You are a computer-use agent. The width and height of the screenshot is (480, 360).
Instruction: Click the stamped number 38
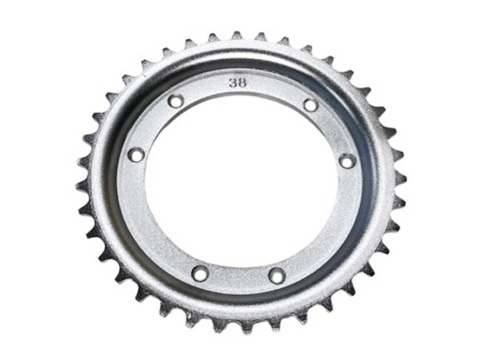click(x=237, y=83)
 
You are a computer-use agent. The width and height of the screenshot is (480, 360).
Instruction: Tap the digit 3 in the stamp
click(x=233, y=83)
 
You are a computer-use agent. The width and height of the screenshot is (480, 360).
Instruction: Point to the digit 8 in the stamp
click(x=242, y=83)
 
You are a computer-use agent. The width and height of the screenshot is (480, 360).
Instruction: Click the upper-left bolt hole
click(x=176, y=101)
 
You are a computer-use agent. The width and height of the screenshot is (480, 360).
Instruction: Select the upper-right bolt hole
click(x=311, y=105)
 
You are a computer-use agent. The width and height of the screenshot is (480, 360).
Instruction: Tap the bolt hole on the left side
click(x=136, y=154)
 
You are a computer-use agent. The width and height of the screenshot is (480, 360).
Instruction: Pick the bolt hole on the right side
click(x=348, y=161)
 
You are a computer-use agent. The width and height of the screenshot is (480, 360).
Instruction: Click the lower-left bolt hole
click(x=200, y=273)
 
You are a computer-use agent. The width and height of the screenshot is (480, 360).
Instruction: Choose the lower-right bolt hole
click(x=276, y=275)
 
